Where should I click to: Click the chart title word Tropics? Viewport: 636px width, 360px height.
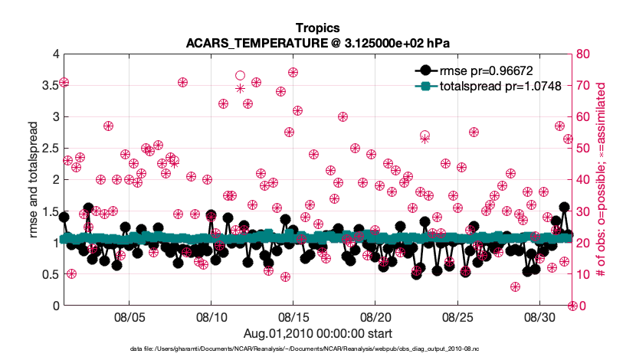click(x=317, y=28)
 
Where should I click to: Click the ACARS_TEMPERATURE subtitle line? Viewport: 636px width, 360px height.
click(x=317, y=43)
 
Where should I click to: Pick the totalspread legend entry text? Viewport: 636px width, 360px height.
click(x=490, y=87)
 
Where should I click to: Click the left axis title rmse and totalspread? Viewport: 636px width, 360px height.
click(x=33, y=180)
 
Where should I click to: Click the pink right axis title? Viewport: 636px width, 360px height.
click(x=611, y=180)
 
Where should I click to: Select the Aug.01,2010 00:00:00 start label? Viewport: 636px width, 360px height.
click(x=317, y=333)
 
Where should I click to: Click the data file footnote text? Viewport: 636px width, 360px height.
click(x=317, y=349)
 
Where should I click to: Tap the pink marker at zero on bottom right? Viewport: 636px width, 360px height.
click(x=572, y=306)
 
